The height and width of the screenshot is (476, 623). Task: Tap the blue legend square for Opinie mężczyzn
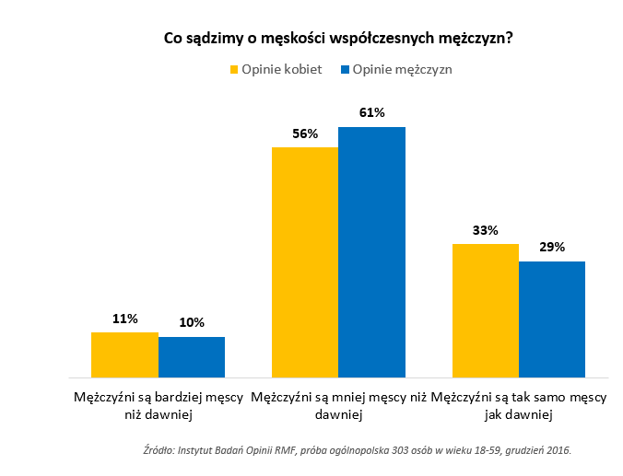click(346, 69)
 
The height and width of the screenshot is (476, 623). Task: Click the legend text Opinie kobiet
click(281, 69)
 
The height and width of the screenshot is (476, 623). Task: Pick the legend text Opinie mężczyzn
click(403, 69)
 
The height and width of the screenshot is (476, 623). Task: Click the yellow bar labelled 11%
click(124, 354)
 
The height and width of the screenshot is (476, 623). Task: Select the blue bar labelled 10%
click(192, 357)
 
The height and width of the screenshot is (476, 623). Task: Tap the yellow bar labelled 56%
click(305, 262)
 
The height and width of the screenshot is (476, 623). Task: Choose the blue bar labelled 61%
click(372, 252)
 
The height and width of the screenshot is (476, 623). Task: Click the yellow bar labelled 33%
click(486, 310)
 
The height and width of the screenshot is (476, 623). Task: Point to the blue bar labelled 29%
click(552, 319)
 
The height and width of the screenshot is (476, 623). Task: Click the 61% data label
click(372, 113)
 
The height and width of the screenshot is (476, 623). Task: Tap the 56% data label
click(305, 134)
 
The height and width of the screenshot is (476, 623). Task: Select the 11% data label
click(124, 319)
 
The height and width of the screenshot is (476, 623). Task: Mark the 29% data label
click(552, 248)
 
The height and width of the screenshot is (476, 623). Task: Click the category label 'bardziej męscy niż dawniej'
click(158, 406)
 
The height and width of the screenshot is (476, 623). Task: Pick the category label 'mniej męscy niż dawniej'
click(338, 406)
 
